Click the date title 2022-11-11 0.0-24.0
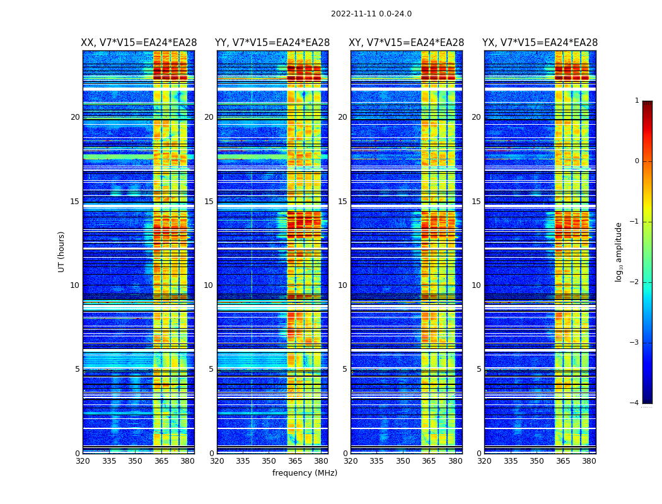(x=371, y=14)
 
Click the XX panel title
(x=139, y=43)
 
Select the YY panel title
(x=272, y=43)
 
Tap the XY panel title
(x=407, y=43)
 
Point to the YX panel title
(x=540, y=43)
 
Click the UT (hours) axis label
(x=62, y=251)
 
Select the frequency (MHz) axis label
(x=305, y=473)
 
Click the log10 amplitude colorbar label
(x=619, y=251)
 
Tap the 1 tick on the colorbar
(x=637, y=101)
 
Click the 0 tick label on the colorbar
(x=637, y=161)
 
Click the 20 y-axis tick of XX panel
(x=75, y=117)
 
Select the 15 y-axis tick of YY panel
(x=209, y=202)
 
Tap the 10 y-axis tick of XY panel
(x=342, y=285)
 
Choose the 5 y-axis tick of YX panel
(x=479, y=369)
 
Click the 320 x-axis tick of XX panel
(x=83, y=461)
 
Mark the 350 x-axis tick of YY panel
(x=269, y=461)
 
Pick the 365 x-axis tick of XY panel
(x=429, y=461)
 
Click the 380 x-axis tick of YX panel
(x=589, y=461)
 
